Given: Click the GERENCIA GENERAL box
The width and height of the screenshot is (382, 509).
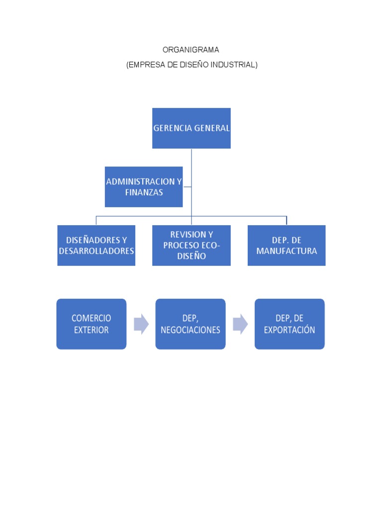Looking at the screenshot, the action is (191, 128).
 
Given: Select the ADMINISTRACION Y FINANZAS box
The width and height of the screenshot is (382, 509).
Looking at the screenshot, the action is (144, 187).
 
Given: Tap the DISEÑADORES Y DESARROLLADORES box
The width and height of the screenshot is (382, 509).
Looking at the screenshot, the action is (96, 246).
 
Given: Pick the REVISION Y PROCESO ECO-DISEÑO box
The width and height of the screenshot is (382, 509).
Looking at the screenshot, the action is (191, 246).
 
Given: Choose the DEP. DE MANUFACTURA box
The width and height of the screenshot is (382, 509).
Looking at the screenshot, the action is (286, 246).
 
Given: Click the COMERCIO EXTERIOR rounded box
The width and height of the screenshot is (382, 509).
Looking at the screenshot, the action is (92, 324).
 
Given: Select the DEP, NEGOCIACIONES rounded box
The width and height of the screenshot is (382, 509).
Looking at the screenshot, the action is (191, 324).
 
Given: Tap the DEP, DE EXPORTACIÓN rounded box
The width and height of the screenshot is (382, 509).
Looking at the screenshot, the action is (289, 324).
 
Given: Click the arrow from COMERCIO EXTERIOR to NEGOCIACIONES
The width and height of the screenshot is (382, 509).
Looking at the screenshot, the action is (141, 324).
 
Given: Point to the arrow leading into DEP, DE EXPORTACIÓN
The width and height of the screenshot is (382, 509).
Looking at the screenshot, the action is (240, 324).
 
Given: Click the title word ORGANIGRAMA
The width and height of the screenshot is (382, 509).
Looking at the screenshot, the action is (191, 50).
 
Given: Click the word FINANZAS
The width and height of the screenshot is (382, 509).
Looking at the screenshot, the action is (144, 192).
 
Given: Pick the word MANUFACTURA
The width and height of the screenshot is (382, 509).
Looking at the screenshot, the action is (286, 251).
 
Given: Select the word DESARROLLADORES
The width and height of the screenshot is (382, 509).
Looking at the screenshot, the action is (96, 251).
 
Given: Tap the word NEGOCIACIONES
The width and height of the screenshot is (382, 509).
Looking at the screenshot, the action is (191, 330).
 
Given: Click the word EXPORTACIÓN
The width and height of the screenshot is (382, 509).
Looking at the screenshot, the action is (289, 330).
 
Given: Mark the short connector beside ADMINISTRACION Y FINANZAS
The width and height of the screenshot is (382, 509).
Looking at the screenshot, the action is (188, 187).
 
